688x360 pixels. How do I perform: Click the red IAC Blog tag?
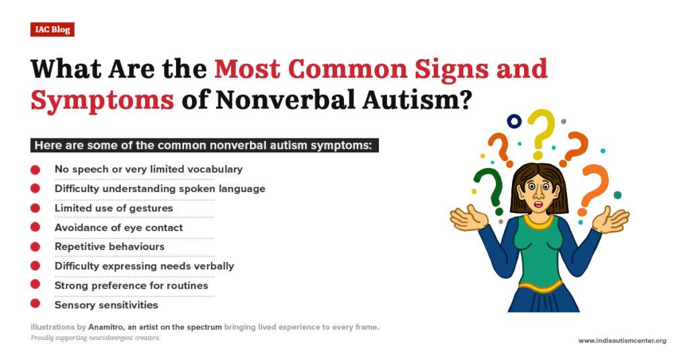click(x=52, y=30)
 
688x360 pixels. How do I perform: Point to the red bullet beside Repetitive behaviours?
click(x=35, y=246)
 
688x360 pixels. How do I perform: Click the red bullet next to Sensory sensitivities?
click(x=35, y=305)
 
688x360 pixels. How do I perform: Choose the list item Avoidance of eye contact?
click(x=118, y=227)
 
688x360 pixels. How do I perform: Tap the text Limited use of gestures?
click(x=114, y=208)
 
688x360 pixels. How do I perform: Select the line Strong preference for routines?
click(x=131, y=285)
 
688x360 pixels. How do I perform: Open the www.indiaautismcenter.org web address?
click(x=622, y=341)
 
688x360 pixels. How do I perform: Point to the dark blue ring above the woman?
click(x=515, y=122)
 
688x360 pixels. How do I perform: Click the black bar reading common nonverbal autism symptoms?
click(x=204, y=145)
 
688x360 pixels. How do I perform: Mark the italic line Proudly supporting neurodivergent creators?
click(x=95, y=338)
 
